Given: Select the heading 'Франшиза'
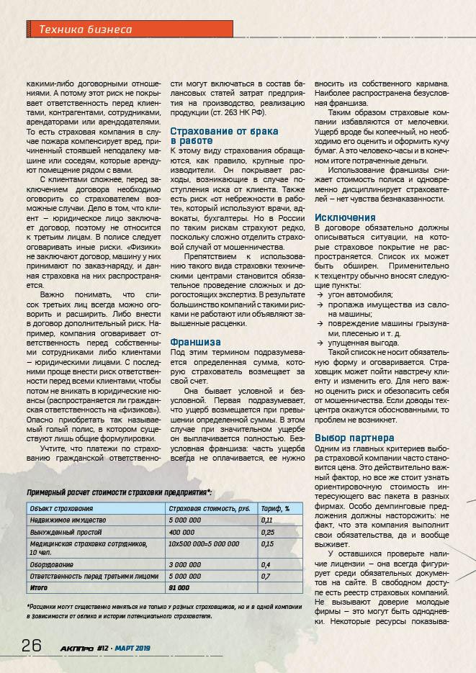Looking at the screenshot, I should pyautogui.click(x=194, y=342).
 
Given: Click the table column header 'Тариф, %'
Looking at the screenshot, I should pyautogui.click(x=275, y=508).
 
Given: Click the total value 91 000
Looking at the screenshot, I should pyautogui.click(x=179, y=587).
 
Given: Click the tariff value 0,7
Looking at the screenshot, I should pyautogui.click(x=266, y=577).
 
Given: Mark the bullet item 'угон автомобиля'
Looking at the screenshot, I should pyautogui.click(x=361, y=295).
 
